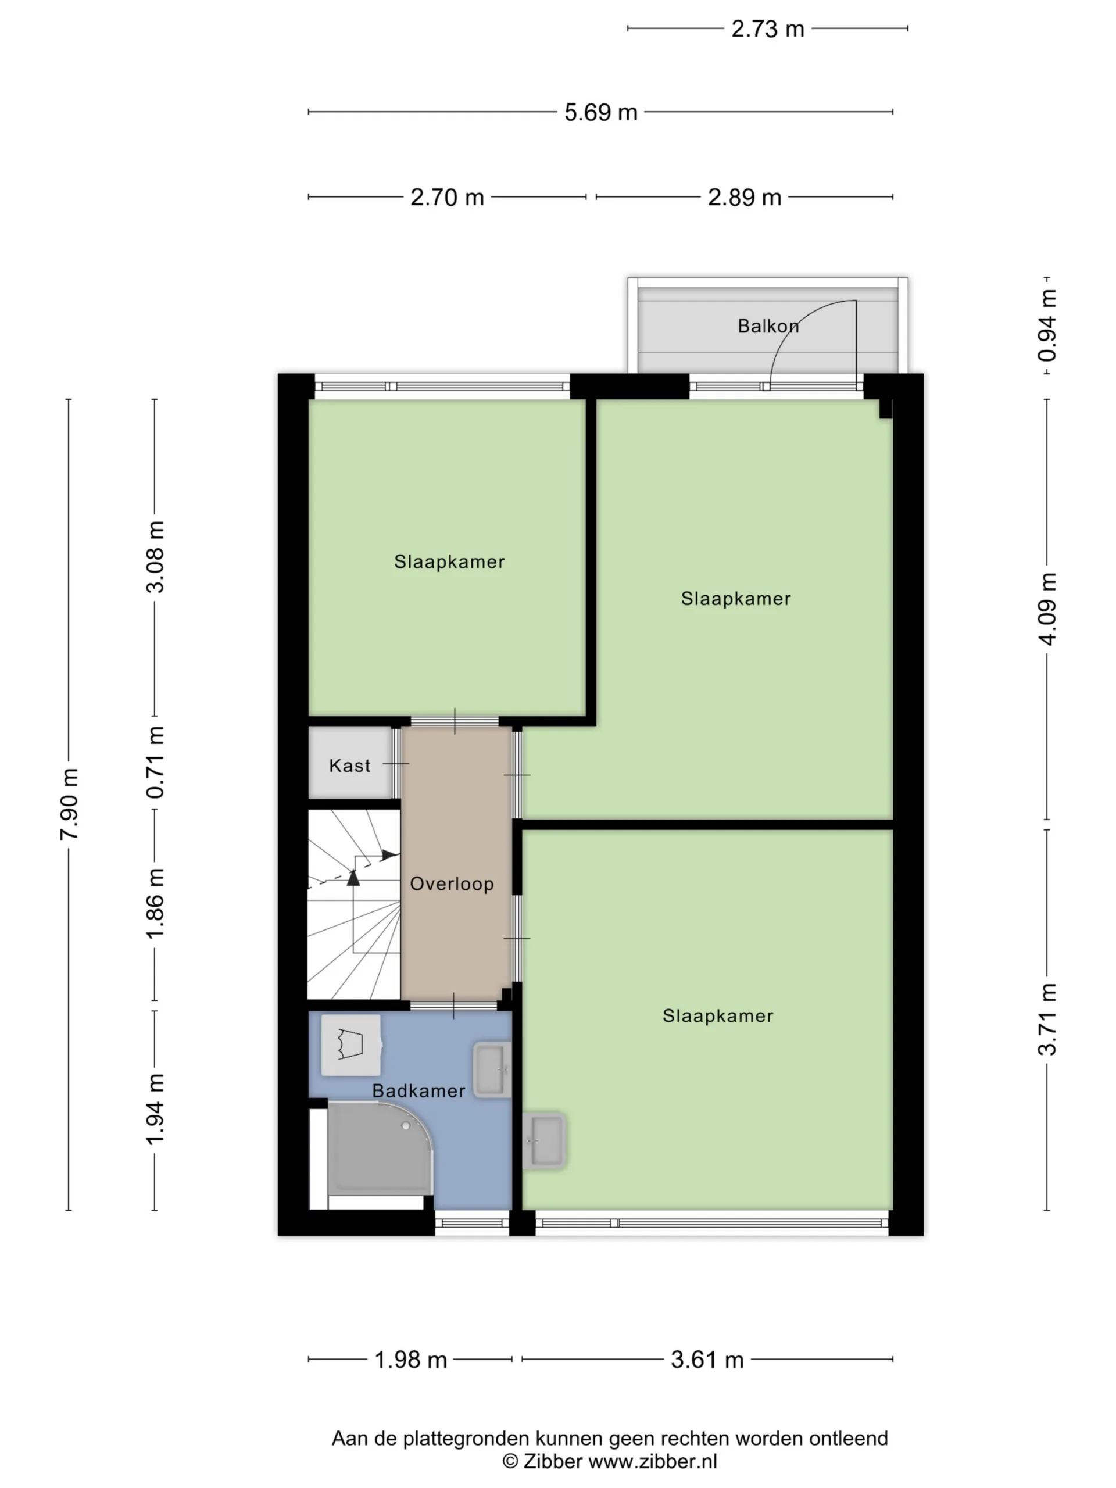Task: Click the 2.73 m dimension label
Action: (x=768, y=29)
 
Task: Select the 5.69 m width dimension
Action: (x=600, y=112)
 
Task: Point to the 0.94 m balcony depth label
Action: (x=1047, y=325)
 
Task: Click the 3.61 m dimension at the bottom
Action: (x=707, y=1360)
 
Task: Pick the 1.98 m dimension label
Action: (x=410, y=1360)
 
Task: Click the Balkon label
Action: (x=768, y=326)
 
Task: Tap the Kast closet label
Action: (x=350, y=766)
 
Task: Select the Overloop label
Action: (x=452, y=884)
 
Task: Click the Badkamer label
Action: (x=419, y=1090)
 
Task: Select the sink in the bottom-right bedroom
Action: (x=544, y=1140)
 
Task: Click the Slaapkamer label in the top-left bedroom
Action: (x=449, y=561)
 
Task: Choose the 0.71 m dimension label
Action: (x=155, y=762)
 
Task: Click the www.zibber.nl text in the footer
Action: (x=653, y=1462)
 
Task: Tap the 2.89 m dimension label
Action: (x=744, y=197)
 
